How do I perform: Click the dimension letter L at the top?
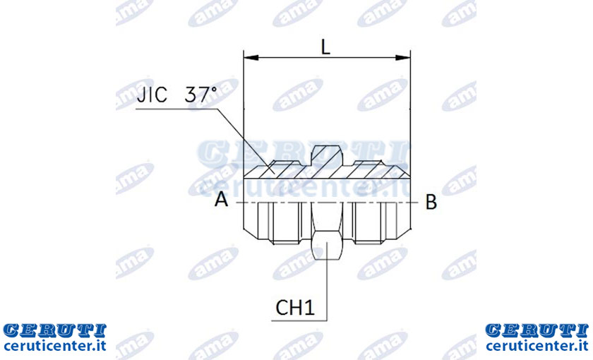tap(325, 47)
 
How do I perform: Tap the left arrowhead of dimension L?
tap(251, 58)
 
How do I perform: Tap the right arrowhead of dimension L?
tap(403, 58)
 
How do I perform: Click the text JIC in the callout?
tap(152, 95)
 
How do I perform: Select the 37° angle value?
tap(200, 95)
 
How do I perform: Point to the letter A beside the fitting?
tap(221, 199)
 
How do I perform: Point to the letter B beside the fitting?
tap(431, 202)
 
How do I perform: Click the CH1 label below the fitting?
tap(295, 308)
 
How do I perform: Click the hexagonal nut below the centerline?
tap(327, 232)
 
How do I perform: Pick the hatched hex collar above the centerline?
tap(327, 156)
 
